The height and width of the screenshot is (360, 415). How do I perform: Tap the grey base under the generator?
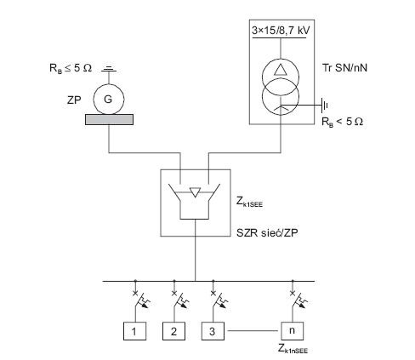(110, 119)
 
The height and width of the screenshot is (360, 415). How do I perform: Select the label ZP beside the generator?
(74, 100)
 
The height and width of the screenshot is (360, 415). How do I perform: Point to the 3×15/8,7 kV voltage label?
(281, 31)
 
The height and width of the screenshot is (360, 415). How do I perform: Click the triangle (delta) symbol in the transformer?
(281, 70)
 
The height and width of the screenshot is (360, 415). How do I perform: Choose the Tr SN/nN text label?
(344, 68)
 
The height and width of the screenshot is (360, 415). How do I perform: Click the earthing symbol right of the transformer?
(324, 106)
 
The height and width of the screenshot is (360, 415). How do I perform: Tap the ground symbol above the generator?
(109, 69)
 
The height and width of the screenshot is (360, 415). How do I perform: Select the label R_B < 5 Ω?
(342, 122)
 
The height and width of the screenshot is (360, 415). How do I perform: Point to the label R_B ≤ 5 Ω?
(71, 68)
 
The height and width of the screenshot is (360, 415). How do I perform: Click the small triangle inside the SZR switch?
(195, 192)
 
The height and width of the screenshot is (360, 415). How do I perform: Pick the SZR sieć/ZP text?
(267, 233)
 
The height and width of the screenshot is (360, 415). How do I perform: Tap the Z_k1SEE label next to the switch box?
(249, 202)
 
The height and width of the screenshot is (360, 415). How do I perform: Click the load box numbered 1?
(134, 331)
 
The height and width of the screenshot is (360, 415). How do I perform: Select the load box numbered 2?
(173, 331)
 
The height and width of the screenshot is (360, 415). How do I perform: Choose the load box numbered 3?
(213, 331)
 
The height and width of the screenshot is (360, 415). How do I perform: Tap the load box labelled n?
(293, 331)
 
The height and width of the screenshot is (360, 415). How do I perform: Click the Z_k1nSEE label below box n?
(293, 349)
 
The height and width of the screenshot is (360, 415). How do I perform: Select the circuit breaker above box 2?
(179, 300)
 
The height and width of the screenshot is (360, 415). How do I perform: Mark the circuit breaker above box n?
(298, 300)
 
